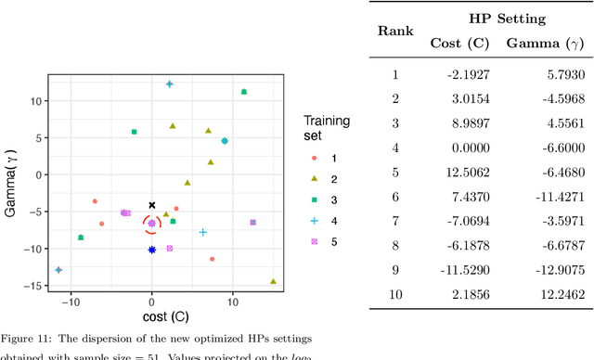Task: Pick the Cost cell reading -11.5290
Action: coord(458,269)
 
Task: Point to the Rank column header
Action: coord(394,31)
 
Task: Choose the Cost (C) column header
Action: coord(458,43)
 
